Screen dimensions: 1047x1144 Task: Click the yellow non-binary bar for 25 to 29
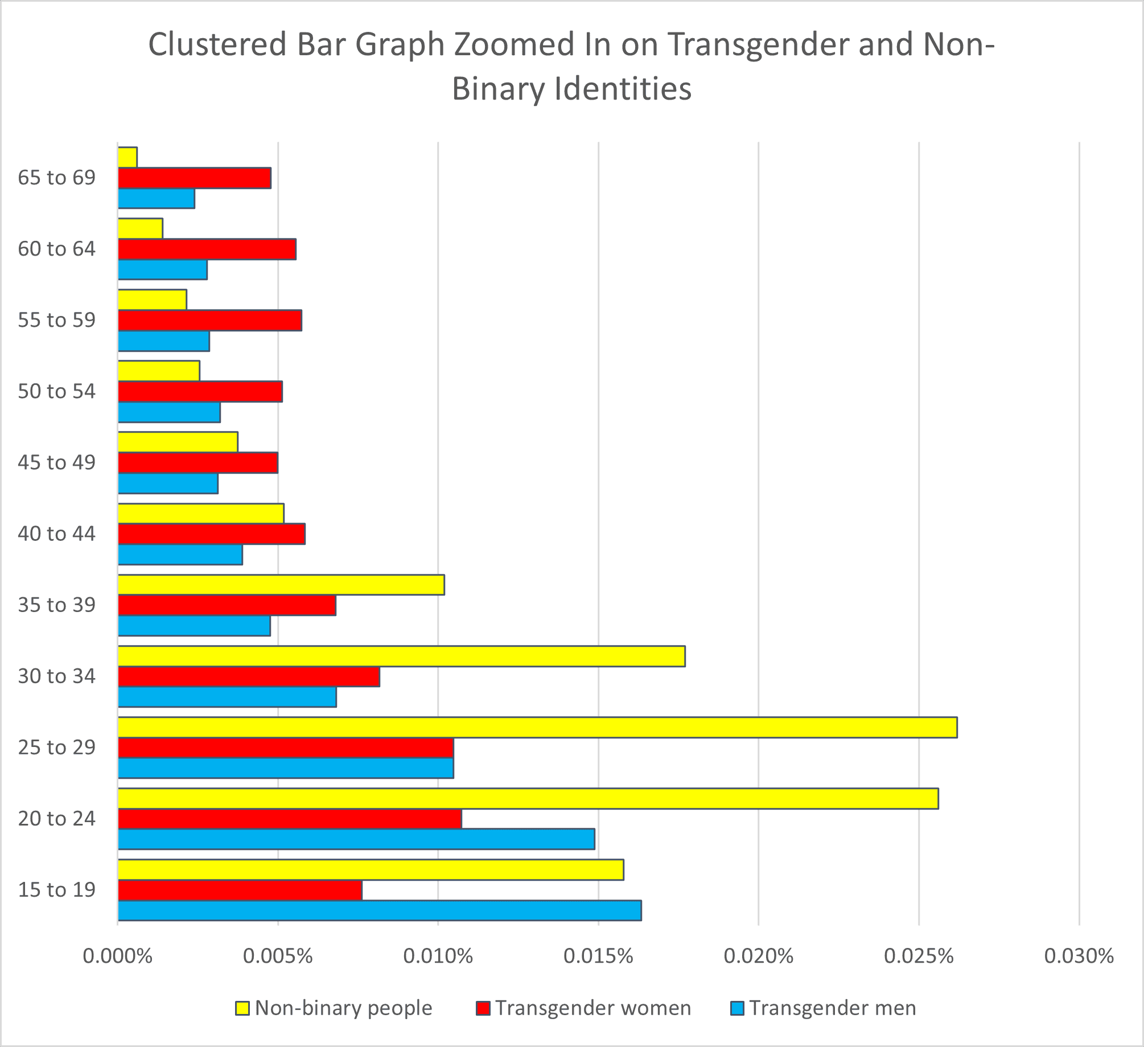coord(537,728)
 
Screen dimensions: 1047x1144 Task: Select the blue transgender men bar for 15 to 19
coord(380,910)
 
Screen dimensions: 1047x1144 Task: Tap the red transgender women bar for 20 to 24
coord(290,819)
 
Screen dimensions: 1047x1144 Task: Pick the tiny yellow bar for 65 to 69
coord(127,157)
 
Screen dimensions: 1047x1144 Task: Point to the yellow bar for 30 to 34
coord(401,656)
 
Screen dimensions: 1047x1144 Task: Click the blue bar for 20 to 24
coord(356,839)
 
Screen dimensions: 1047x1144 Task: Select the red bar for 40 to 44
coord(212,534)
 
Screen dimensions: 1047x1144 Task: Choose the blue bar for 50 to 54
coord(169,412)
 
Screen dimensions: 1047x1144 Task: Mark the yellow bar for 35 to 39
coord(281,585)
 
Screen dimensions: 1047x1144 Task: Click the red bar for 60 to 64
coord(207,249)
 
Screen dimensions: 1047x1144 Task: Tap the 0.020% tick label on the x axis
coord(759,956)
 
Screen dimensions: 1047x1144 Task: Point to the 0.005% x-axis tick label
coord(278,956)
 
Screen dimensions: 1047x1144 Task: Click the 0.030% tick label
coord(1079,956)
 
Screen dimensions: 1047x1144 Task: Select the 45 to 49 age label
coord(56,462)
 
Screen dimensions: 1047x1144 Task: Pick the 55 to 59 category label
coord(56,320)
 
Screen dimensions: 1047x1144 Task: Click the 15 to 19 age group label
coord(56,889)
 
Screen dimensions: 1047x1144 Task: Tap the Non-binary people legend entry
coord(343,1008)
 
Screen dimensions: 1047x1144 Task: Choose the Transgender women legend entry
coord(592,1008)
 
